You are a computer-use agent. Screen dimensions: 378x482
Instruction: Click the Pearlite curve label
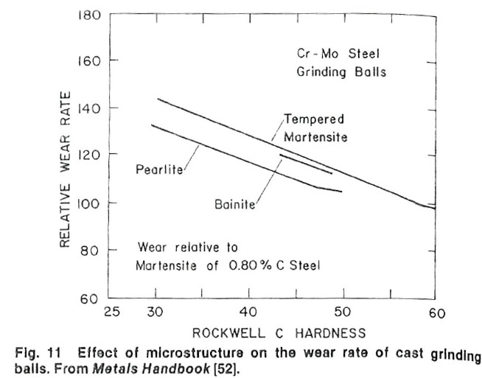[160, 169]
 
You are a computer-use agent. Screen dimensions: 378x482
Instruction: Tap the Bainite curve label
[234, 203]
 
